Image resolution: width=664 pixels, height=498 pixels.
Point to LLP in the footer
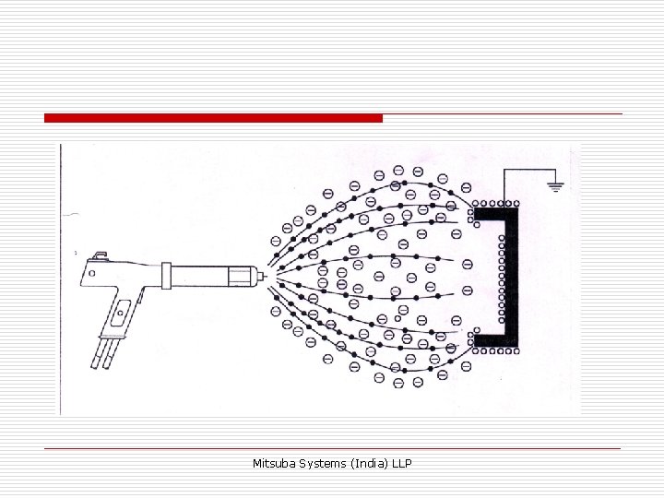tap(401, 462)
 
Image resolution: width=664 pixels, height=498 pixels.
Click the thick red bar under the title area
tap(213, 118)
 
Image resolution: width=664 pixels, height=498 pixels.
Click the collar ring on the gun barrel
tap(166, 275)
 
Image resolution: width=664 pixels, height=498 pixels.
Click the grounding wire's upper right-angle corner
tap(504, 170)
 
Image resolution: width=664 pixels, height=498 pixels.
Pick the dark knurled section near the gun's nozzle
tap(242, 275)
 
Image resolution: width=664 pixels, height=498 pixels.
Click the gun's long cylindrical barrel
tap(203, 275)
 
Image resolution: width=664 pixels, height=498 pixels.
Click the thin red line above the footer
tap(332, 448)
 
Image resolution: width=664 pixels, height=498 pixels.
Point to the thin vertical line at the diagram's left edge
tap(61, 277)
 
